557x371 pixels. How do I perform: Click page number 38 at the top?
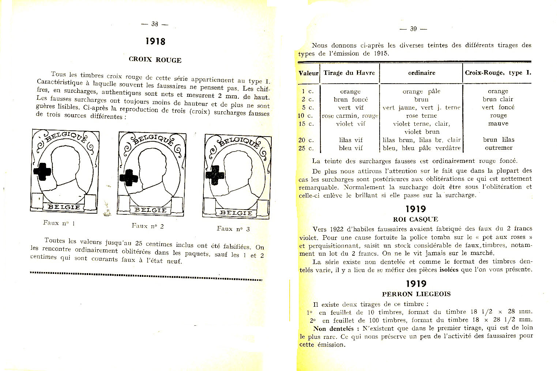155,24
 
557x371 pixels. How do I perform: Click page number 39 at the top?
413,29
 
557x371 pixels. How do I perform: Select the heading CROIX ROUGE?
155,60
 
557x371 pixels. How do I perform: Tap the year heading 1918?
155,42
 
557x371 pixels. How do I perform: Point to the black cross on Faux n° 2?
129,177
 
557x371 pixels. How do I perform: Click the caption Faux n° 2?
147,226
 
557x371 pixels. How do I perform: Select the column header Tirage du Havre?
349,73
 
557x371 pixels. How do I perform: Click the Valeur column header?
309,73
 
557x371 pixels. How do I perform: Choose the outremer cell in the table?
498,148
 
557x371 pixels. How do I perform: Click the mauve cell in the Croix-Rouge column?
498,123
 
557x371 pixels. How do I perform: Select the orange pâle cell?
421,91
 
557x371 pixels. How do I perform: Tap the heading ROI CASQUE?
415,219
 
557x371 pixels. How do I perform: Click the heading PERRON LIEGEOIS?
416,294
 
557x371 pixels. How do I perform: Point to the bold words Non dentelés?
334,328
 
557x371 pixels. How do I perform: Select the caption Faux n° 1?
59,223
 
